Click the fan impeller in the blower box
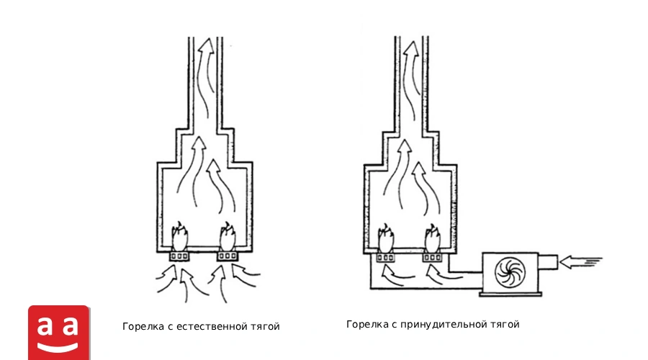[510, 272]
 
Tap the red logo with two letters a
[59, 333]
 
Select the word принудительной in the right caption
[439, 325]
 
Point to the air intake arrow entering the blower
[580, 261]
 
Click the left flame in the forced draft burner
[386, 238]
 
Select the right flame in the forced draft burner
[432, 238]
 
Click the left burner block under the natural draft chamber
[179, 256]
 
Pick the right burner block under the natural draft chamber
[228, 256]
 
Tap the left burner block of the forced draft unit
[385, 258]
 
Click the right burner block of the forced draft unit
[432, 258]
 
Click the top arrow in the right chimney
[411, 74]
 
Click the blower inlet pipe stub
[548, 262]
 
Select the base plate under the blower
[510, 294]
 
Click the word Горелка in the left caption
[143, 327]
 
